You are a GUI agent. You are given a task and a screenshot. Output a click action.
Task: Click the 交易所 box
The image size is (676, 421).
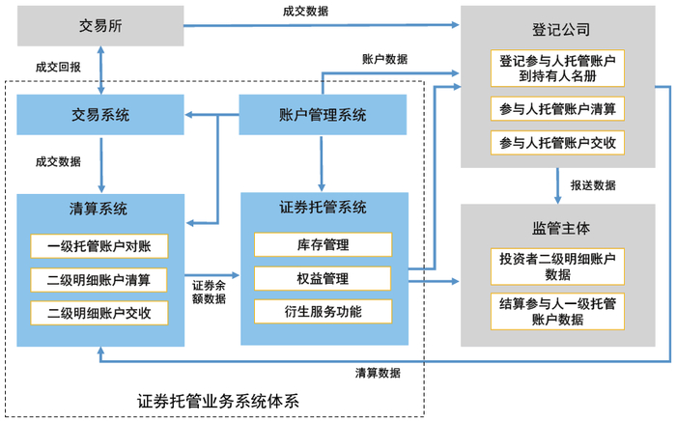(100, 25)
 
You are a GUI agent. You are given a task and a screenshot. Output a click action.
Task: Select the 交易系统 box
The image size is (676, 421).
(100, 116)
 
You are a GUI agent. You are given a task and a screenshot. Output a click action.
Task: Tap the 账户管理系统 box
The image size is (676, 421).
(323, 116)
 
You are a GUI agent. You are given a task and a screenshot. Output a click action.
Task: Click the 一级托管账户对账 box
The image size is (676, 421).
(100, 246)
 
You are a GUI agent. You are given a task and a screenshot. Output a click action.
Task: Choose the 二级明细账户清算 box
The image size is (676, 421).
(100, 280)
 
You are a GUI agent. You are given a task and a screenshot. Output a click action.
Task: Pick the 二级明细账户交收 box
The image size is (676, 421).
(100, 313)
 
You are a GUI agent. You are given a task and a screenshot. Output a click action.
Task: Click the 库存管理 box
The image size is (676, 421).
(323, 245)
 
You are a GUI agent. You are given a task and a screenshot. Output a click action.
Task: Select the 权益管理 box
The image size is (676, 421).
(323, 278)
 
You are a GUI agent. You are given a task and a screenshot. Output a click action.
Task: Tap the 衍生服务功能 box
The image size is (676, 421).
(323, 311)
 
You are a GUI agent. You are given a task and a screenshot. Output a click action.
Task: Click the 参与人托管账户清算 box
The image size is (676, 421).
(557, 107)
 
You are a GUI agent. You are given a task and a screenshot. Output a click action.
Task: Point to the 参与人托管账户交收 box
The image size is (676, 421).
(557, 143)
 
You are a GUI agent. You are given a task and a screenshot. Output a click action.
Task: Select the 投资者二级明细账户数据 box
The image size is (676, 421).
(557, 266)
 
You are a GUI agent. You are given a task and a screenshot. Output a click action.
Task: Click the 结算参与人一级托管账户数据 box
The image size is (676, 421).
(557, 311)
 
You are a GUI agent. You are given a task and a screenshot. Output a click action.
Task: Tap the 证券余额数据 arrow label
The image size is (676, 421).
(209, 292)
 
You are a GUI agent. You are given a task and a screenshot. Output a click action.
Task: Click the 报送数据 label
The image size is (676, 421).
(593, 185)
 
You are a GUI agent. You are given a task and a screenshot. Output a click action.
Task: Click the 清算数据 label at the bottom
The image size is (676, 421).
(378, 372)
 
